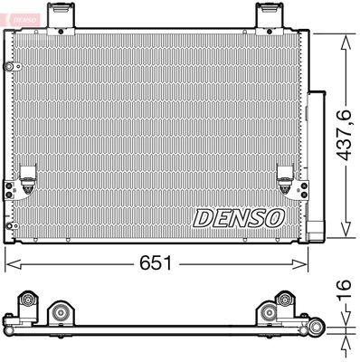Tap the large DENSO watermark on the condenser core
239,217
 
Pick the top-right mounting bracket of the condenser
269,15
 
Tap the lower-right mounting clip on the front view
288,180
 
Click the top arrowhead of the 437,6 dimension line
344,38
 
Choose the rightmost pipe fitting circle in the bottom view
316,328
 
